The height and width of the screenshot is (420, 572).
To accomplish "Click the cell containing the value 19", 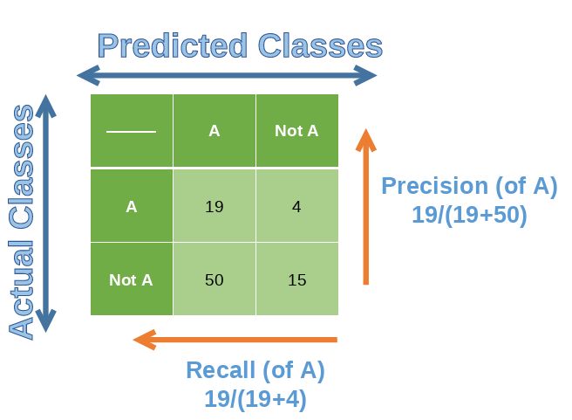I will coord(214,207).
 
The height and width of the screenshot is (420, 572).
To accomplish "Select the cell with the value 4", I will coord(296,207).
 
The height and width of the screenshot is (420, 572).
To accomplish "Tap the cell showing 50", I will coord(214,280).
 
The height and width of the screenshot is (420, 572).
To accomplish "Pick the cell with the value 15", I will coord(296,280).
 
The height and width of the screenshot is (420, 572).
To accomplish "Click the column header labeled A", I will coord(214,131).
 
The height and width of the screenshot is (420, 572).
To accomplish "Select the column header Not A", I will coord(296,131).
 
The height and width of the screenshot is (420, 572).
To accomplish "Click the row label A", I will coord(131,207).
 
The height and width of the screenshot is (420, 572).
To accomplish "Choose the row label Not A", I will coord(131,280).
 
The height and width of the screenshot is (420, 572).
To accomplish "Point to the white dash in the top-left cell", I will coord(131,132).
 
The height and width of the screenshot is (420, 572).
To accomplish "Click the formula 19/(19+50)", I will coord(469,215).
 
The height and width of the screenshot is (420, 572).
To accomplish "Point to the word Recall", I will coord(219,370).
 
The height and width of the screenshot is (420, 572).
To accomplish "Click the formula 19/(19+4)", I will coord(255,399).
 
